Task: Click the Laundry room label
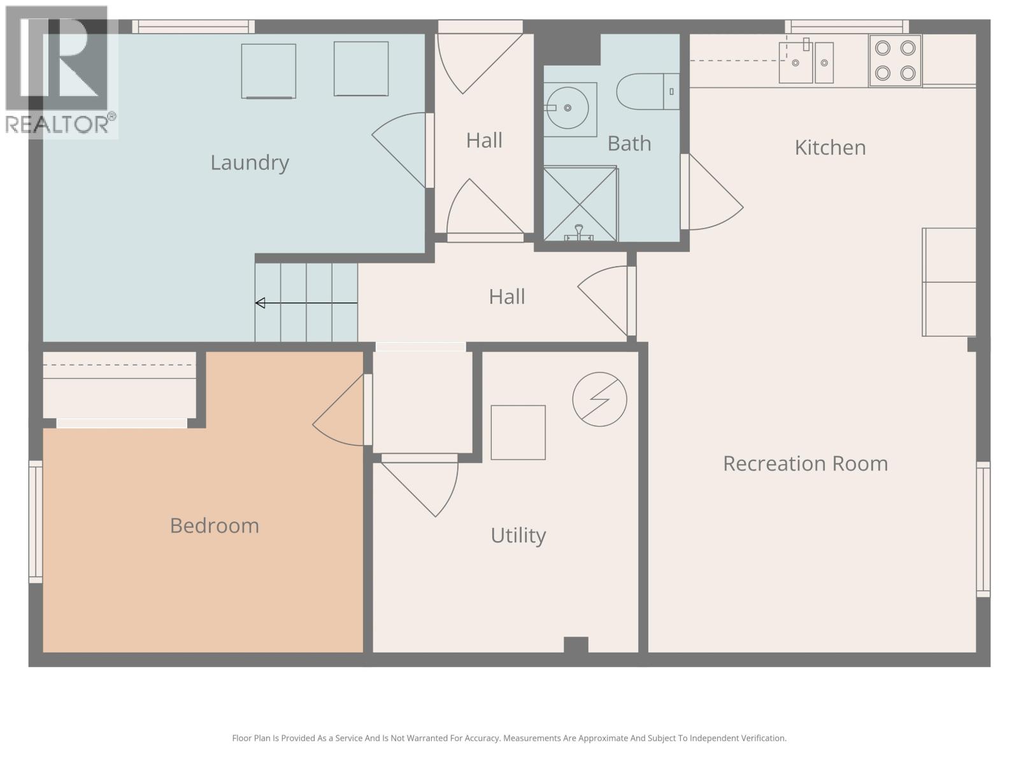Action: tap(250, 163)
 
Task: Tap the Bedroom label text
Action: tap(214, 526)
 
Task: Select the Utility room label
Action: tap(518, 535)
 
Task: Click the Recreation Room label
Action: tap(805, 463)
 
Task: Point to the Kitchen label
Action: tap(830, 148)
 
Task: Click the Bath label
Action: tap(629, 144)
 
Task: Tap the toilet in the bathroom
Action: tap(646, 92)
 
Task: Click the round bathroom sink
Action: tap(567, 108)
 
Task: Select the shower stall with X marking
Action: tap(580, 204)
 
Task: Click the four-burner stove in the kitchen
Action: tap(895, 60)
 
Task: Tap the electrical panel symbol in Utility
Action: tap(599, 399)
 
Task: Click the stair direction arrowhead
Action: tap(260, 303)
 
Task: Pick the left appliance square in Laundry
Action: tap(268, 71)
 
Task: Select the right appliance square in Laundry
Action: tap(361, 69)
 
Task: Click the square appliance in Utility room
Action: tap(518, 432)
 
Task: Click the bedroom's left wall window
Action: tap(36, 521)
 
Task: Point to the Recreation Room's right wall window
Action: tap(983, 529)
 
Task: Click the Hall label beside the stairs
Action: tap(507, 297)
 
